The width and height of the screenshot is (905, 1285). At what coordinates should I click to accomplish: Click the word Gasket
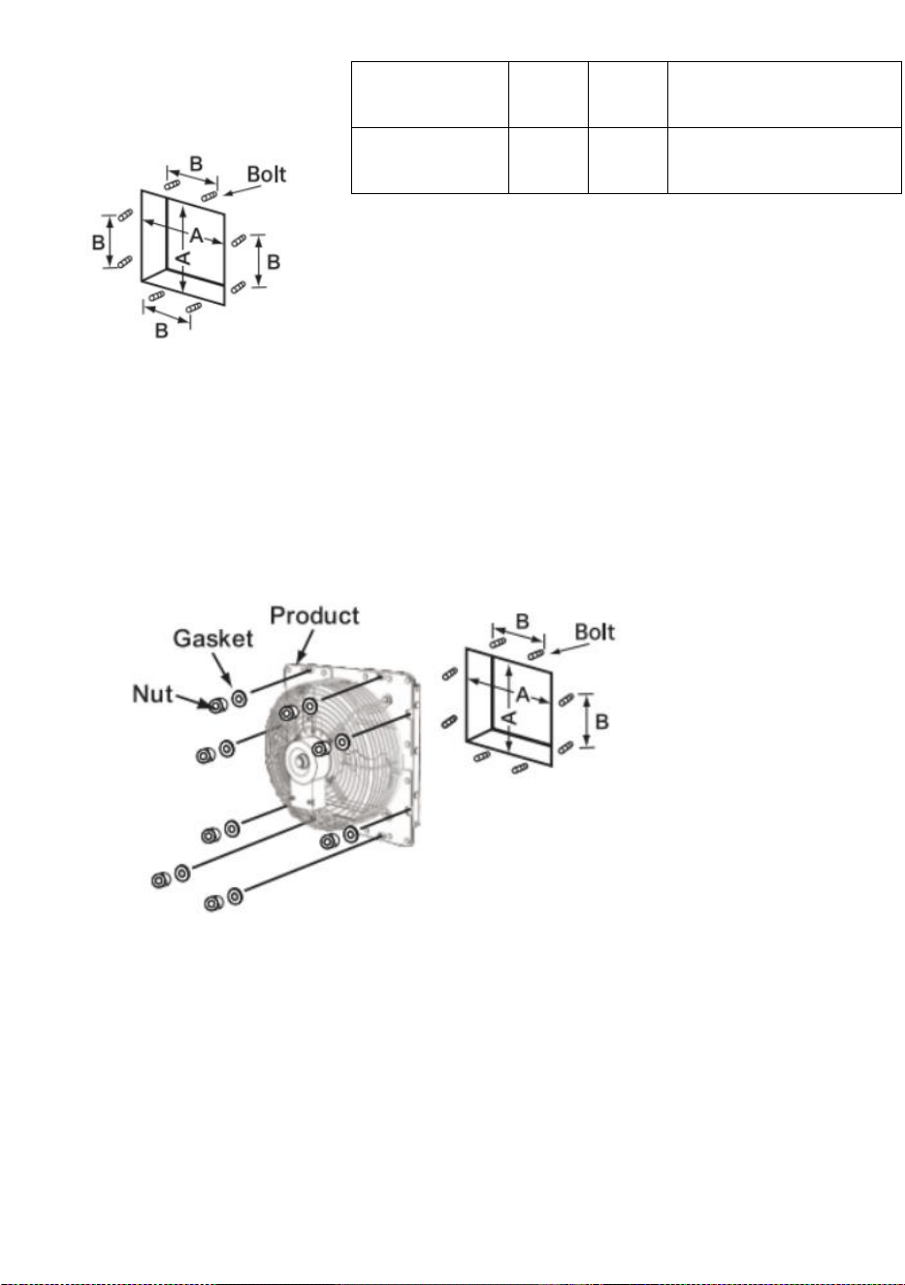[212, 639]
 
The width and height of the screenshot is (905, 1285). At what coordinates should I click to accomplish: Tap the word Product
[314, 615]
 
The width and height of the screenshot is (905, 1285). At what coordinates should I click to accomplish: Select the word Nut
[152, 694]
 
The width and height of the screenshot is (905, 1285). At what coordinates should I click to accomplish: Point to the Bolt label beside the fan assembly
[595, 632]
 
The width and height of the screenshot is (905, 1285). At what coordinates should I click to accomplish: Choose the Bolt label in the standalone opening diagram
[267, 175]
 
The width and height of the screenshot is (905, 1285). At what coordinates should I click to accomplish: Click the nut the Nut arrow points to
[216, 705]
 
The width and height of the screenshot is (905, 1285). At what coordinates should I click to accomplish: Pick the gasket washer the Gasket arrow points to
[240, 698]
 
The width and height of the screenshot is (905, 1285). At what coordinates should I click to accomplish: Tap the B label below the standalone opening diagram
[162, 330]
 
